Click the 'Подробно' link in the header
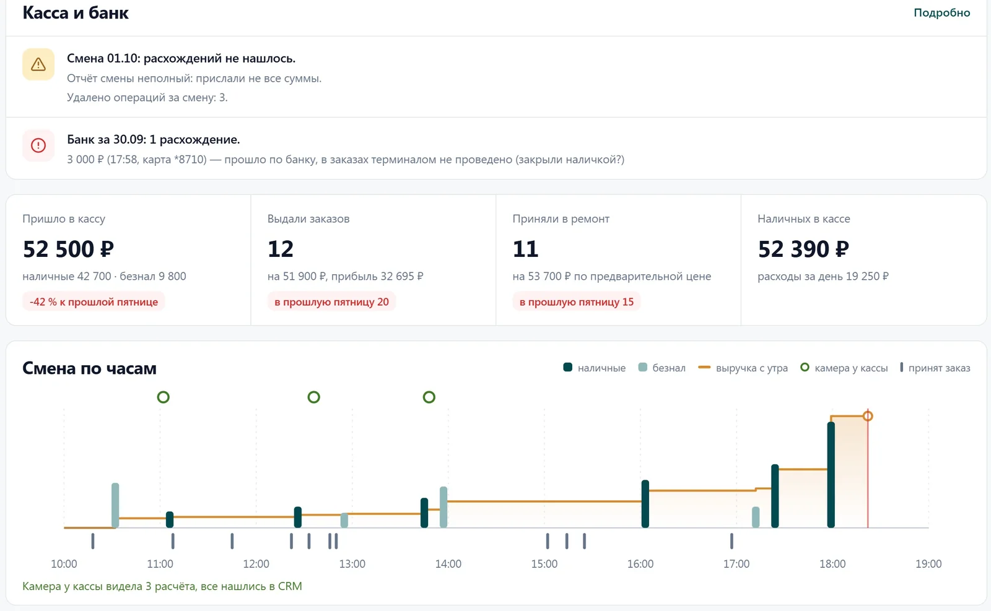[941, 12]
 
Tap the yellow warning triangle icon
[38, 64]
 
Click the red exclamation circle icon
[38, 145]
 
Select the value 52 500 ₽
[68, 248]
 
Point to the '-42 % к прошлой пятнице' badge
[94, 301]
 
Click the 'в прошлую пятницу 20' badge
[331, 301]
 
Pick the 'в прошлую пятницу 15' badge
[577, 301]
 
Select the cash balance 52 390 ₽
[803, 248]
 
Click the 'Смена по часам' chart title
[89, 368]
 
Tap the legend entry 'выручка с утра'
[743, 368]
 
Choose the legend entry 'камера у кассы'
[844, 368]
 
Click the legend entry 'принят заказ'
[935, 368]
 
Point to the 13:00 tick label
[352, 564]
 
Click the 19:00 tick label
[928, 564]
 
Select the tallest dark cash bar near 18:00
[831, 475]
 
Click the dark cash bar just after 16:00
[645, 503]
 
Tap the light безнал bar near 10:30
[115, 505]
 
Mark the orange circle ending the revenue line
[868, 416]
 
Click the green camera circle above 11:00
[164, 397]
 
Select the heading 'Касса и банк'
[76, 12]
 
